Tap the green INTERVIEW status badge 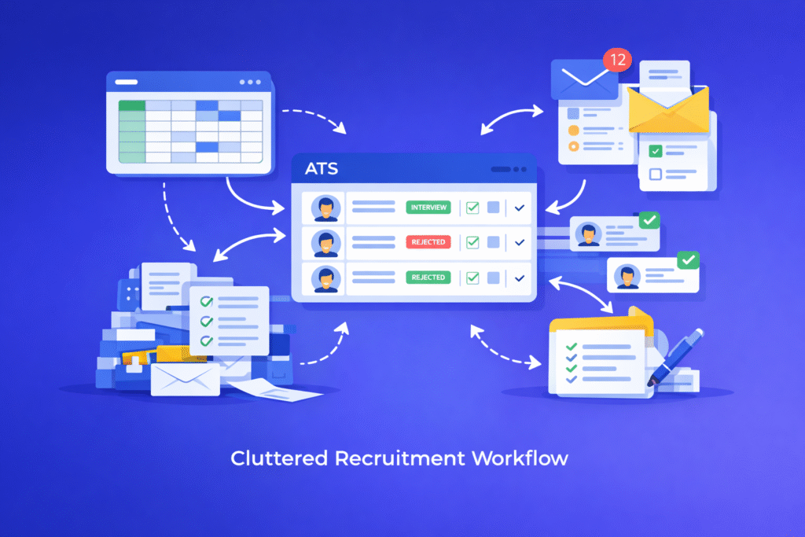pyautogui.click(x=428, y=208)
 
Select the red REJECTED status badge pyautogui.click(x=428, y=242)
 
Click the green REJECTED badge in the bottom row pyautogui.click(x=428, y=277)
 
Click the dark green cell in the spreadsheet pyautogui.click(x=131, y=105)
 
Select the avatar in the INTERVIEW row pyautogui.click(x=325, y=208)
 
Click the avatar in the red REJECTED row pyautogui.click(x=325, y=243)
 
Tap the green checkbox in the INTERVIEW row pyautogui.click(x=472, y=208)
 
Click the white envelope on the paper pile pyautogui.click(x=185, y=377)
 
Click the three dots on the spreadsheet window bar pyautogui.click(x=250, y=82)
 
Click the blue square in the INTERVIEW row pyautogui.click(x=494, y=208)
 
